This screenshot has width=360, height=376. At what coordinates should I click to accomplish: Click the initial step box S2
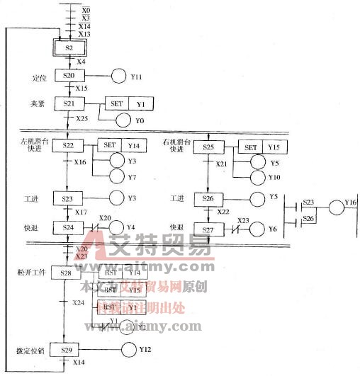click(69, 47)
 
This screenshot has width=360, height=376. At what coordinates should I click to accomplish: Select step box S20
click(69, 76)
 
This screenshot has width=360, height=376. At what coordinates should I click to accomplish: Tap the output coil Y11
click(118, 76)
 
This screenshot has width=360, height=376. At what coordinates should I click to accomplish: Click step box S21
click(69, 104)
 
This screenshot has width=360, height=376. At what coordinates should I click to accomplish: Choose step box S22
click(69, 146)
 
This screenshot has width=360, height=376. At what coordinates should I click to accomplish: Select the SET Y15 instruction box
click(260, 147)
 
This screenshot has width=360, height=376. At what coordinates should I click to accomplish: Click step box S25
click(208, 147)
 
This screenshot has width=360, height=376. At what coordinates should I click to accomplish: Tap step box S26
click(208, 199)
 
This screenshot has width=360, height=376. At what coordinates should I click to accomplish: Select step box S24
click(69, 227)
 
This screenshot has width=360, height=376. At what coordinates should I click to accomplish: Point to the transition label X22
click(223, 212)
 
